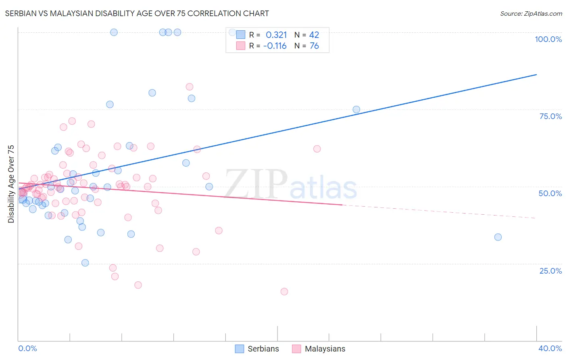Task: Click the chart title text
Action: point(137,13)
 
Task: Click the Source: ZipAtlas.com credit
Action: point(531,13)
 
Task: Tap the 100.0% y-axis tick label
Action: point(548,39)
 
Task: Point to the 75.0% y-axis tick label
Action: point(550,116)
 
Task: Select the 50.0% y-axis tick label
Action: point(550,193)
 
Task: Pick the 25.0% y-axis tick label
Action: point(550,271)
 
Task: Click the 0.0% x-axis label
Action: point(27,348)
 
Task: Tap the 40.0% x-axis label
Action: point(550,348)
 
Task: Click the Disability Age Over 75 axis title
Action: point(11,184)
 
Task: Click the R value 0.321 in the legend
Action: point(276,35)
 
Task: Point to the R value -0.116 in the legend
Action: point(275,46)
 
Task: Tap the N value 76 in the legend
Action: point(314,46)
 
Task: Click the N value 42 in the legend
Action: point(314,35)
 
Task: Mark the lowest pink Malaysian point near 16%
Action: point(284,291)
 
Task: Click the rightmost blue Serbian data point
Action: point(498,237)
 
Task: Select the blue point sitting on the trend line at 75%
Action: point(356,109)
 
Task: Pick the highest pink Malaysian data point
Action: point(190,87)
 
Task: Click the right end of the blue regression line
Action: point(536,75)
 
